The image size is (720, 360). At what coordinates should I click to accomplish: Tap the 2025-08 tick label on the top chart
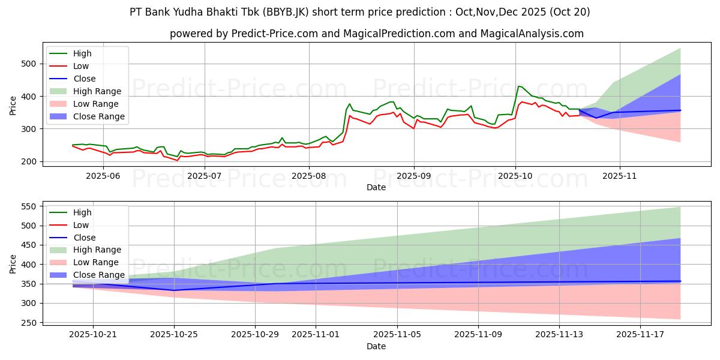point(309,176)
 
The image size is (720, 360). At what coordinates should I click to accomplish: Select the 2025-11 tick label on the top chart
point(620,176)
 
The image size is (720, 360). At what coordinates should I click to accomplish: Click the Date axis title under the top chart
point(376,187)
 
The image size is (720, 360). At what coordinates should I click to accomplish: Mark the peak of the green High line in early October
point(519,86)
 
